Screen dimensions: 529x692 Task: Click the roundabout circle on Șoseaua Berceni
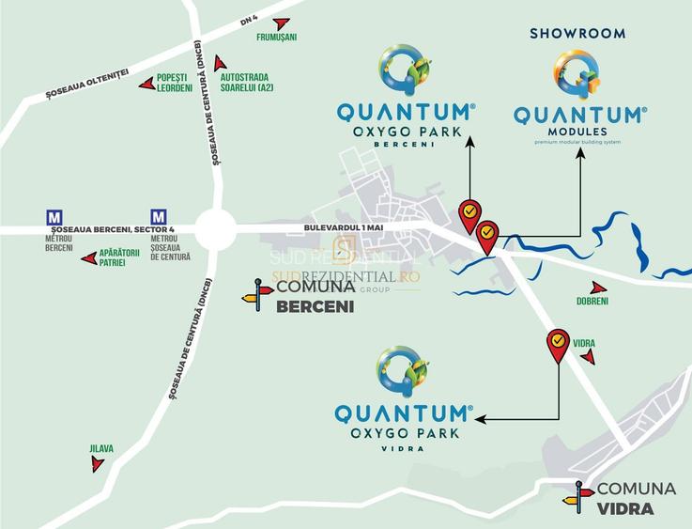pyautogui.click(x=215, y=228)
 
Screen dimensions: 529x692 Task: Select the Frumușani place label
pyautogui.click(x=277, y=39)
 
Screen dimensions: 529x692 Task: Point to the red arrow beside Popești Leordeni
pyautogui.click(x=146, y=84)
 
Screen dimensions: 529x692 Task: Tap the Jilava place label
pyautogui.click(x=101, y=449)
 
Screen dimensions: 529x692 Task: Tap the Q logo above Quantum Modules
pyautogui.click(x=578, y=74)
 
